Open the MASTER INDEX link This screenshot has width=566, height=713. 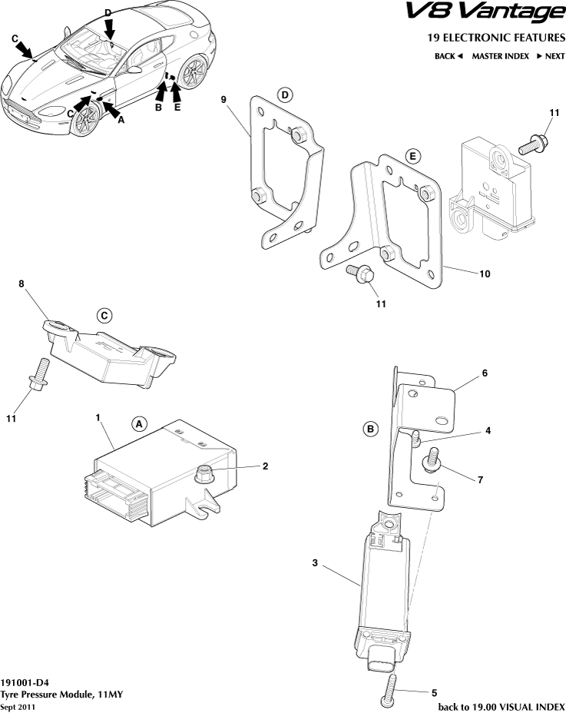coord(500,56)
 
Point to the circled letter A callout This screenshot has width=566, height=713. coord(139,423)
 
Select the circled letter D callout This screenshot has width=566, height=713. coord(286,95)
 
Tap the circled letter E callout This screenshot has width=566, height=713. coord(412,157)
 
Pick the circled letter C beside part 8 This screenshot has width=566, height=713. coord(104,315)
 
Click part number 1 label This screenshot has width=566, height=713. coord(98,416)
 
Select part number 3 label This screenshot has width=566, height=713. coord(315,563)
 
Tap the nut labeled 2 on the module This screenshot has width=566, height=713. coord(205,474)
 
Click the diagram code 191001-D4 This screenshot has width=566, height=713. coord(25,681)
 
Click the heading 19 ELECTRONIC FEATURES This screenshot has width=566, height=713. coord(495,38)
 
